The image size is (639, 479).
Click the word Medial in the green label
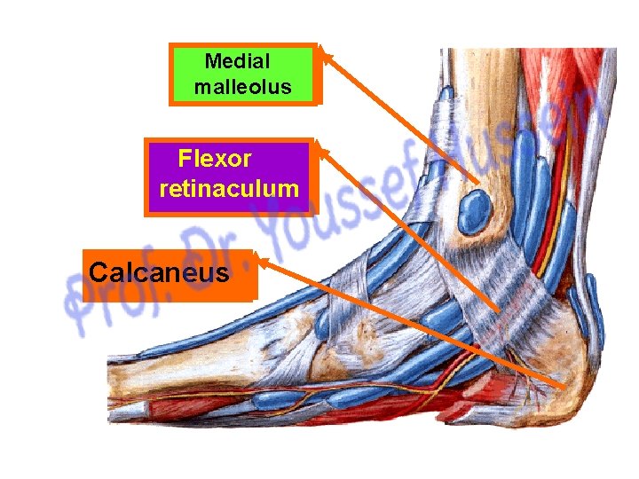coord(237,61)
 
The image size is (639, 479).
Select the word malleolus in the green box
coord(243,88)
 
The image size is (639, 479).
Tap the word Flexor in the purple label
coord(215,160)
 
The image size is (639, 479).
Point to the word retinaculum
coord(229,189)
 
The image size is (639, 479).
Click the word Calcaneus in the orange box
coord(159,271)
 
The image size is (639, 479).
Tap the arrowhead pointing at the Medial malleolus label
coord(325,54)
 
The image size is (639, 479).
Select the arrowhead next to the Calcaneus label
coord(263,261)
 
